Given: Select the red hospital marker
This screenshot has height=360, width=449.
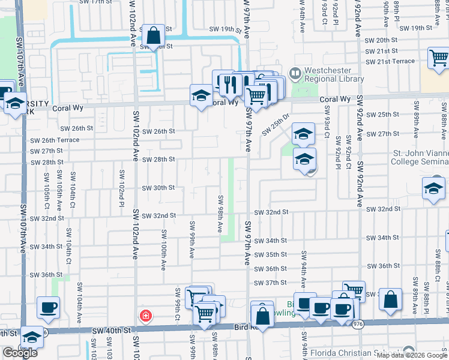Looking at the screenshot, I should coord(145,316).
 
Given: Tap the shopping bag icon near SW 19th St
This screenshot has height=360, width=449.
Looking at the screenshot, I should coord(154,35).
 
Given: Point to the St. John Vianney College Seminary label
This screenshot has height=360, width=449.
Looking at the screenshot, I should coord(419,157).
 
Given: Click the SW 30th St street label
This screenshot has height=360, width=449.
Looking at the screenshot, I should coord(158,188).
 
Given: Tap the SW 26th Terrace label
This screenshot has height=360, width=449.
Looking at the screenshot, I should coord(53,140).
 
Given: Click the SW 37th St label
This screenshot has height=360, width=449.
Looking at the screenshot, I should coord(271,283).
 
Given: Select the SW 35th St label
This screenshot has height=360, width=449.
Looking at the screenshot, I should coord(271,255).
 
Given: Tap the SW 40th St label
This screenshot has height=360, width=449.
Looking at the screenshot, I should coord(111,331).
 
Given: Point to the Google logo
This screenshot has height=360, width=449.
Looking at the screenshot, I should coord(20,353).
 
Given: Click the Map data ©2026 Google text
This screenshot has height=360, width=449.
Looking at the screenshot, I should coord(412,355).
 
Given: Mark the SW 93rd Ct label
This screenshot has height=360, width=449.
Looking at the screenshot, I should coord(328,122).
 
